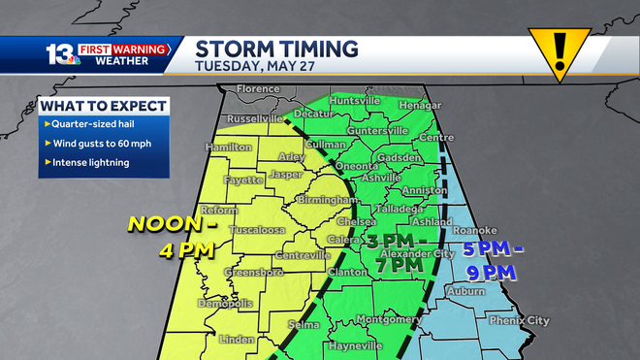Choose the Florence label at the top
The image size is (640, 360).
tap(259, 89)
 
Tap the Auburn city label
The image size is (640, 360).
tap(465, 290)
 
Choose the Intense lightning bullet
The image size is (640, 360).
tap(89, 163)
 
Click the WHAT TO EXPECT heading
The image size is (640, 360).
tap(105, 106)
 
